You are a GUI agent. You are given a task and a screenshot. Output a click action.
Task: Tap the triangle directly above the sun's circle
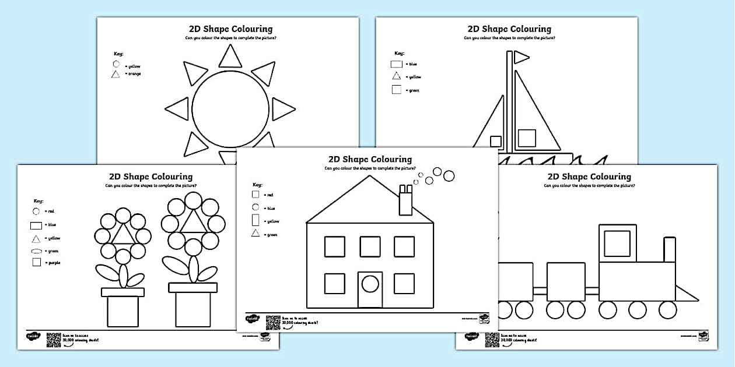(x=230, y=57)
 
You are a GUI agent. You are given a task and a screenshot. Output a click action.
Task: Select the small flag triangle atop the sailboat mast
(x=521, y=57)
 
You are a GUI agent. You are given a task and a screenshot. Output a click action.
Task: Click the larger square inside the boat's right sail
(x=527, y=137)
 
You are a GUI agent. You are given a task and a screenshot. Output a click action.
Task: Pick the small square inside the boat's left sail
(x=495, y=141)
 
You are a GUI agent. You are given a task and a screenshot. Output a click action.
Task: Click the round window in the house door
(x=370, y=284)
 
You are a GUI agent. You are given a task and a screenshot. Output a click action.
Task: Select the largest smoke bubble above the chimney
(x=449, y=175)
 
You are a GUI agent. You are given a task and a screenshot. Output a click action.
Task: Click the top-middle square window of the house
(x=370, y=246)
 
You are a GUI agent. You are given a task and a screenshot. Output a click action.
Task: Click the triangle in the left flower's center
(x=123, y=234)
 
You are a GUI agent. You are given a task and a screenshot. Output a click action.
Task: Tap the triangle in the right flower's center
(x=192, y=222)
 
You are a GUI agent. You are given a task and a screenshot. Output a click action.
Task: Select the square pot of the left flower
(x=123, y=311)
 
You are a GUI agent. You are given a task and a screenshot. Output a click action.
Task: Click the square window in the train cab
(x=617, y=243)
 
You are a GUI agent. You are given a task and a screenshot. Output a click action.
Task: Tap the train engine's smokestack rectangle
(x=670, y=249)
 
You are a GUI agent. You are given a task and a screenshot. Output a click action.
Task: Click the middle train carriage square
(x=566, y=282)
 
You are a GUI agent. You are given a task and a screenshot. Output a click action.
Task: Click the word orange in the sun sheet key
(x=134, y=74)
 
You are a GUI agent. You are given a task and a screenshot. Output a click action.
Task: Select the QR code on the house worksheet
(x=272, y=322)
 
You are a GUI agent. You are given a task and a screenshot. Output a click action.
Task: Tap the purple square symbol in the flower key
(x=36, y=263)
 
